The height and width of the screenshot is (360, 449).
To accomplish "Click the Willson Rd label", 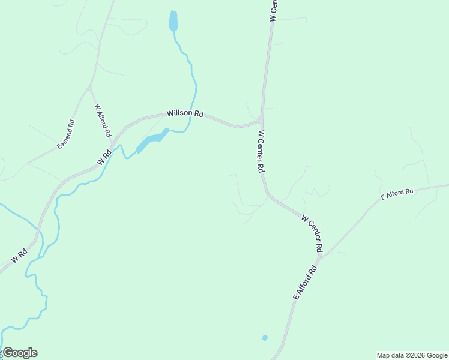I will [x=185, y=113].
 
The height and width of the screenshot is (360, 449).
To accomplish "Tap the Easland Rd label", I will [x=66, y=134].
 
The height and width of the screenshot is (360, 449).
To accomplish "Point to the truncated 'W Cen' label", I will [x=273, y=11].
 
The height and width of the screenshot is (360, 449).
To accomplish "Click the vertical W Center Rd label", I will [x=261, y=152].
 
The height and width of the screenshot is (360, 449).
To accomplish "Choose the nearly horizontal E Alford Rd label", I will [x=397, y=194].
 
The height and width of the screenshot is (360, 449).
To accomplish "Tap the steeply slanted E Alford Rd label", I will [x=304, y=283].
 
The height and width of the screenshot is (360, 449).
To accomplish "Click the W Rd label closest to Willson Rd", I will [x=104, y=158].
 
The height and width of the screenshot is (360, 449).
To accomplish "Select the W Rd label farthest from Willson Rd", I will [x=19, y=256].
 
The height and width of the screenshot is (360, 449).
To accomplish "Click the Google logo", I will [x=20, y=353].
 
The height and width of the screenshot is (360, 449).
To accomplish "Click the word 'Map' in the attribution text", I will [x=384, y=355].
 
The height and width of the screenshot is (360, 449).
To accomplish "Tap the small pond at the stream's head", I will [x=173, y=21].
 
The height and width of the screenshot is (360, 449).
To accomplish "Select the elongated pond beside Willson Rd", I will [x=151, y=140].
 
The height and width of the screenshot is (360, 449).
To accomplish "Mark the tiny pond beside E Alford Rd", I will [x=265, y=338].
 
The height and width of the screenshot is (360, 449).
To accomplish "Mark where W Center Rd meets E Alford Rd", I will [x=319, y=259].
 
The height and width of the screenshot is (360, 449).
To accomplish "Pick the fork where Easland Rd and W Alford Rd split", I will [x=89, y=88].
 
